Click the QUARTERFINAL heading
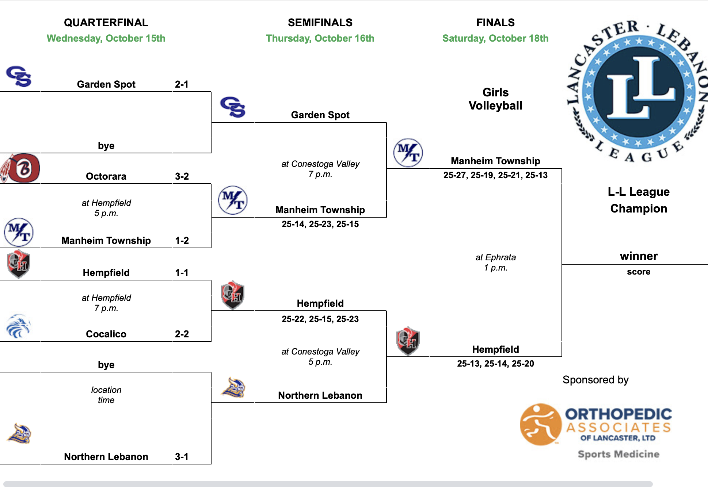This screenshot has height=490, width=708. [x=106, y=23]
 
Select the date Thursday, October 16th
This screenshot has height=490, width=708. [x=320, y=38]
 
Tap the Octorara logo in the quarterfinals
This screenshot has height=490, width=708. [x=21, y=168]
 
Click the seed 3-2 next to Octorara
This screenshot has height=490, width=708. [x=182, y=176]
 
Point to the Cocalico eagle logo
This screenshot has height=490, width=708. [x=18, y=326]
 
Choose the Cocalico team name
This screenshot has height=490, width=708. [x=106, y=334]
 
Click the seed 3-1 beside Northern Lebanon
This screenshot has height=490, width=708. [x=182, y=457]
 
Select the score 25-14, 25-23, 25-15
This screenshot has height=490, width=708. [x=320, y=224]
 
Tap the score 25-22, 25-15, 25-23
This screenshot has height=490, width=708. [x=320, y=319]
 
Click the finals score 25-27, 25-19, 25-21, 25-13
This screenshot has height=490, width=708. [x=495, y=175]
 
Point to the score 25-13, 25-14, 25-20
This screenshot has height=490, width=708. [x=495, y=364]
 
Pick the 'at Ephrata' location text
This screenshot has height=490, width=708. [x=495, y=257]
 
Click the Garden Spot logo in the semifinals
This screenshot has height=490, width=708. [x=233, y=107]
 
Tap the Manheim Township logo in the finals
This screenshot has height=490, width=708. [x=408, y=153]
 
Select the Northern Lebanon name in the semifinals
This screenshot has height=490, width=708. [x=320, y=395]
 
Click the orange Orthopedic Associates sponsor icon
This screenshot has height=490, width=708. [x=540, y=424]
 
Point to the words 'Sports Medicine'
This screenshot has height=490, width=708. [x=618, y=454]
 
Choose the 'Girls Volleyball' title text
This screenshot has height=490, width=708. [x=495, y=99]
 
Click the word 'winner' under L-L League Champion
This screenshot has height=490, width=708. [x=639, y=256]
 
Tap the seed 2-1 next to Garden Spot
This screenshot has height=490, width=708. [x=182, y=84]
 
